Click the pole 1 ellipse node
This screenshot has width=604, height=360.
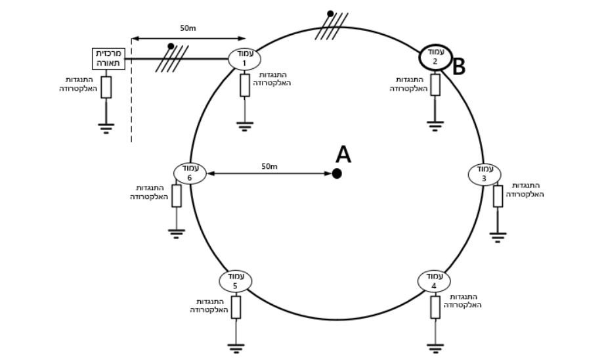(244, 59)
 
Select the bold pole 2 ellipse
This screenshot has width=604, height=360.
(435, 57)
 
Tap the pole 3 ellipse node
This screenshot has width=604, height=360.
(485, 175)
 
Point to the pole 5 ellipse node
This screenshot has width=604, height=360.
(235, 281)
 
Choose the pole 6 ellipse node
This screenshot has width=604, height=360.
(190, 173)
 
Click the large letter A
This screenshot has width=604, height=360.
(343, 154)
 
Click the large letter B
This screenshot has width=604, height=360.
(458, 67)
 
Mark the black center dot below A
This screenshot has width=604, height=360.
(337, 174)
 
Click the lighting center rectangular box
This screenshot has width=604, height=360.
(108, 58)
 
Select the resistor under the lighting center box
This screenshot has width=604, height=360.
(106, 87)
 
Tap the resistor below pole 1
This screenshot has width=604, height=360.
(245, 85)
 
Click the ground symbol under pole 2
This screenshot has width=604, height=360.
(435, 126)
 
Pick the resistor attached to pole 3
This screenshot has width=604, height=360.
(498, 196)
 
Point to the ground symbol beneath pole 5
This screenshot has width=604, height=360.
(236, 348)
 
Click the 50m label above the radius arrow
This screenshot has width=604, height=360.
(269, 166)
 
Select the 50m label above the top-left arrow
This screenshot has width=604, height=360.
(188, 28)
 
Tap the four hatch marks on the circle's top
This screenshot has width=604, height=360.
(332, 26)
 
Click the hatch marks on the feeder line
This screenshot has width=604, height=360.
(172, 58)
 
